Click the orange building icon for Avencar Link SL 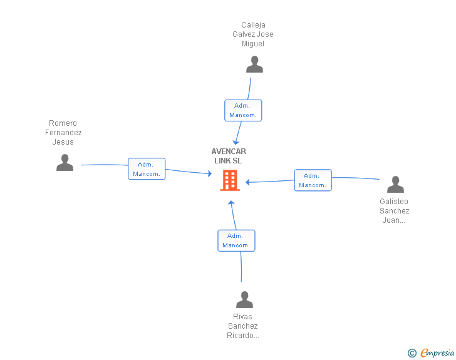pyautogui.click(x=230, y=181)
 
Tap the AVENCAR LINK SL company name pyautogui.click(x=229, y=156)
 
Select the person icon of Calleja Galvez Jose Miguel pyautogui.click(x=254, y=64)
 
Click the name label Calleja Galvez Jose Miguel pyautogui.click(x=253, y=34)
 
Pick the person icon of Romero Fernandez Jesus pyautogui.click(x=65, y=163)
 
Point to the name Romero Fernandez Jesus pyautogui.click(x=63, y=133)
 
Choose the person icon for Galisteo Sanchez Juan pyautogui.click(x=395, y=185)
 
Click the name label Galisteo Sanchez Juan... pyautogui.click(x=395, y=211)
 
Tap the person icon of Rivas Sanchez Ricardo pyautogui.click(x=244, y=299)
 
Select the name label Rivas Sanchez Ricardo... pyautogui.click(x=242, y=326)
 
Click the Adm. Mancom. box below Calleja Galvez pyautogui.click(x=243, y=110)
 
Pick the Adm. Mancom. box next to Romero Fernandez pyautogui.click(x=147, y=169)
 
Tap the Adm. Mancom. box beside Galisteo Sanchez pyautogui.click(x=313, y=180)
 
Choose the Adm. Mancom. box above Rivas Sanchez pyautogui.click(x=236, y=240)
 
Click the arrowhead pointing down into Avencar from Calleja pyautogui.click(x=237, y=141)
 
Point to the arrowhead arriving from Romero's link pyautogui.click(x=209, y=174)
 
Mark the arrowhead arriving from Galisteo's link pyautogui.click(x=249, y=182)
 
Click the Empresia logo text pyautogui.click(x=437, y=353)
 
